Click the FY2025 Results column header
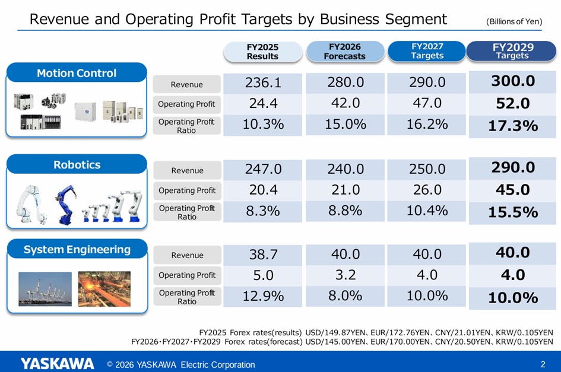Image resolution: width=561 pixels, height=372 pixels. (x=262, y=52)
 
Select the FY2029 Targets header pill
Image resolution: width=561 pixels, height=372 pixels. (x=511, y=51)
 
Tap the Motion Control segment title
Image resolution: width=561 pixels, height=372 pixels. (x=77, y=73)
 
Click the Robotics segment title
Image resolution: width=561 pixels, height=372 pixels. (x=77, y=164)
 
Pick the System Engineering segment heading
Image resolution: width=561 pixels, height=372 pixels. (x=77, y=249)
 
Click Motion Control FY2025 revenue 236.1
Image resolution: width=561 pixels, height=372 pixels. (x=263, y=82)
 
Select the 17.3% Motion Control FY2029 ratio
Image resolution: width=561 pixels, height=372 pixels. (x=513, y=126)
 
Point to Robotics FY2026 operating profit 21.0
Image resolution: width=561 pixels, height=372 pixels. (x=346, y=190)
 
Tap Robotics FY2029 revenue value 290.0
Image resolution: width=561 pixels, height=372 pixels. (x=513, y=167)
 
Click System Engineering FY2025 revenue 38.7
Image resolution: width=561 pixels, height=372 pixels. (x=263, y=255)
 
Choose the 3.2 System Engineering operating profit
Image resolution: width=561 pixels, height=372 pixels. (x=346, y=275)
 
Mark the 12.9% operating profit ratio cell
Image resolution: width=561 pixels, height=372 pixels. (x=263, y=296)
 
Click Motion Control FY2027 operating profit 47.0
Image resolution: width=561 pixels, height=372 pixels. (x=427, y=103)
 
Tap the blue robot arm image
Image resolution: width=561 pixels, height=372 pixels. (x=66, y=205)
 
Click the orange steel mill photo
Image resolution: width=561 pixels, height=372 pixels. (x=104, y=289)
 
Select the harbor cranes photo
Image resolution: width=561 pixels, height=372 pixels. (x=45, y=289)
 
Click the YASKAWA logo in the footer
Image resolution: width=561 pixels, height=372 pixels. (x=57, y=364)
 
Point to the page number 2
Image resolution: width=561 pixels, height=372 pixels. (x=543, y=364)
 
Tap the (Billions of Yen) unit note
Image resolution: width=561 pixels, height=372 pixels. (x=514, y=21)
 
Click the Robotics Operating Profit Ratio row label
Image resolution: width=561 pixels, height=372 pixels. (x=187, y=212)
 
